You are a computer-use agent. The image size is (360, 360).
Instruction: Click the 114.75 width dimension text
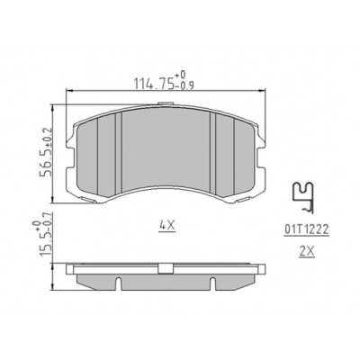pyautogui.click(x=154, y=84)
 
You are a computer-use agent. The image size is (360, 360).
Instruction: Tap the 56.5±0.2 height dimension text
pyautogui.click(x=47, y=152)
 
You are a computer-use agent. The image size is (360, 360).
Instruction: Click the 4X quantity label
pyautogui.click(x=166, y=225)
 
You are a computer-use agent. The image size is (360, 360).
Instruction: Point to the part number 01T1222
pyautogui.click(x=307, y=229)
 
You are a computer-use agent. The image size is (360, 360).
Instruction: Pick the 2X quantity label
pyautogui.click(x=307, y=252)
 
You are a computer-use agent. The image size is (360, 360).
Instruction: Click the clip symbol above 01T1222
pyautogui.click(x=303, y=197)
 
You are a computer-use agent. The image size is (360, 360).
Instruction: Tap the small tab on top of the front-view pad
pyautogui.click(x=166, y=103)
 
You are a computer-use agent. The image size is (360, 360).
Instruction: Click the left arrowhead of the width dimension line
pyautogui.click(x=69, y=90)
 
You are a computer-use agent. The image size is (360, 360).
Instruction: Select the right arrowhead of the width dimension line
pyautogui.click(x=262, y=90)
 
